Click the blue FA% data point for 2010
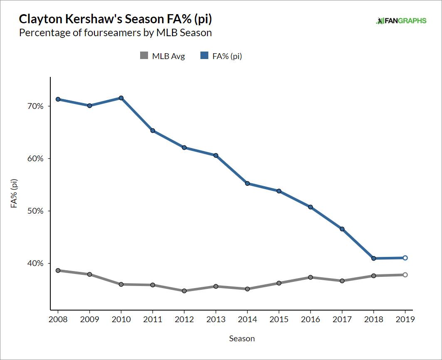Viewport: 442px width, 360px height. (121, 98)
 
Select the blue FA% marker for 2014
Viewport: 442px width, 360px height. (247, 183)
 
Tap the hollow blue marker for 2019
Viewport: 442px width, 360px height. (405, 258)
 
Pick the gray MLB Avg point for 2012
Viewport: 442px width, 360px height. (184, 291)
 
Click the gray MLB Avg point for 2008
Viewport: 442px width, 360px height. (58, 271)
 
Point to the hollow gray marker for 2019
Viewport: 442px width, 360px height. (405, 275)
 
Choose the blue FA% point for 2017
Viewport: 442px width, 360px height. (342, 229)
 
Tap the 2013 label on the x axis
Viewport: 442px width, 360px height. (216, 319)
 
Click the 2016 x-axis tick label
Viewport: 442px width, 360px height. (310, 319)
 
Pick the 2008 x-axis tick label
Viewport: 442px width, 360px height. (58, 319)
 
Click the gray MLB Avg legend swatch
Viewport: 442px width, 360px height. (144, 56)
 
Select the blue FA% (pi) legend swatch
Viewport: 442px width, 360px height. (204, 56)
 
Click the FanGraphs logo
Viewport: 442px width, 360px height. (401, 20)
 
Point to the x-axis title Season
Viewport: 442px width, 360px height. (242, 338)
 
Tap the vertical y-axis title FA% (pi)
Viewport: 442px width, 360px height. (14, 193)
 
